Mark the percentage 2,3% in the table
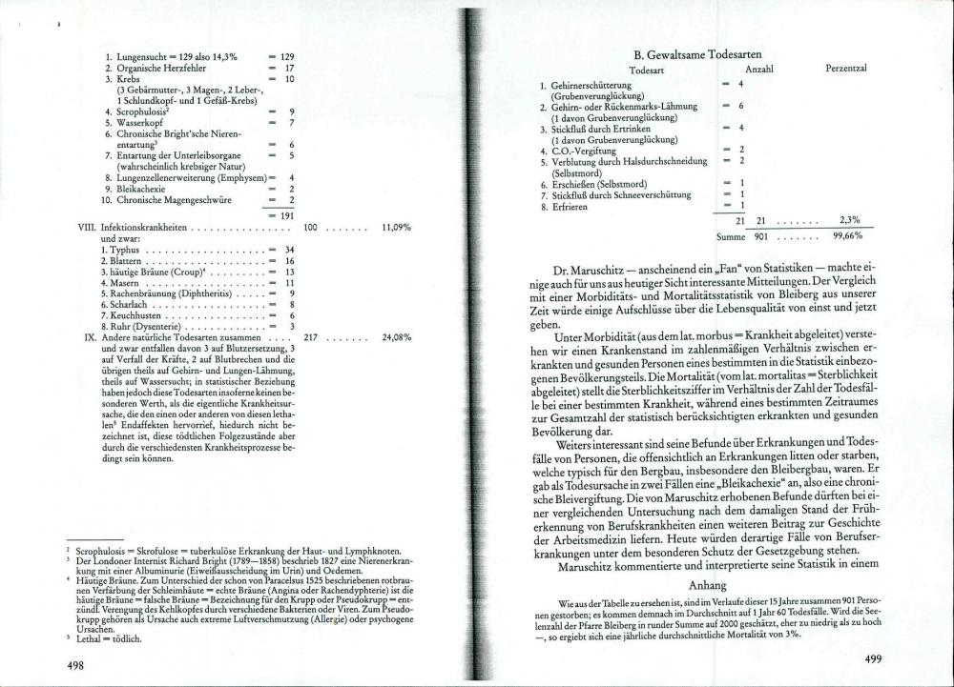tap(849, 220)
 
